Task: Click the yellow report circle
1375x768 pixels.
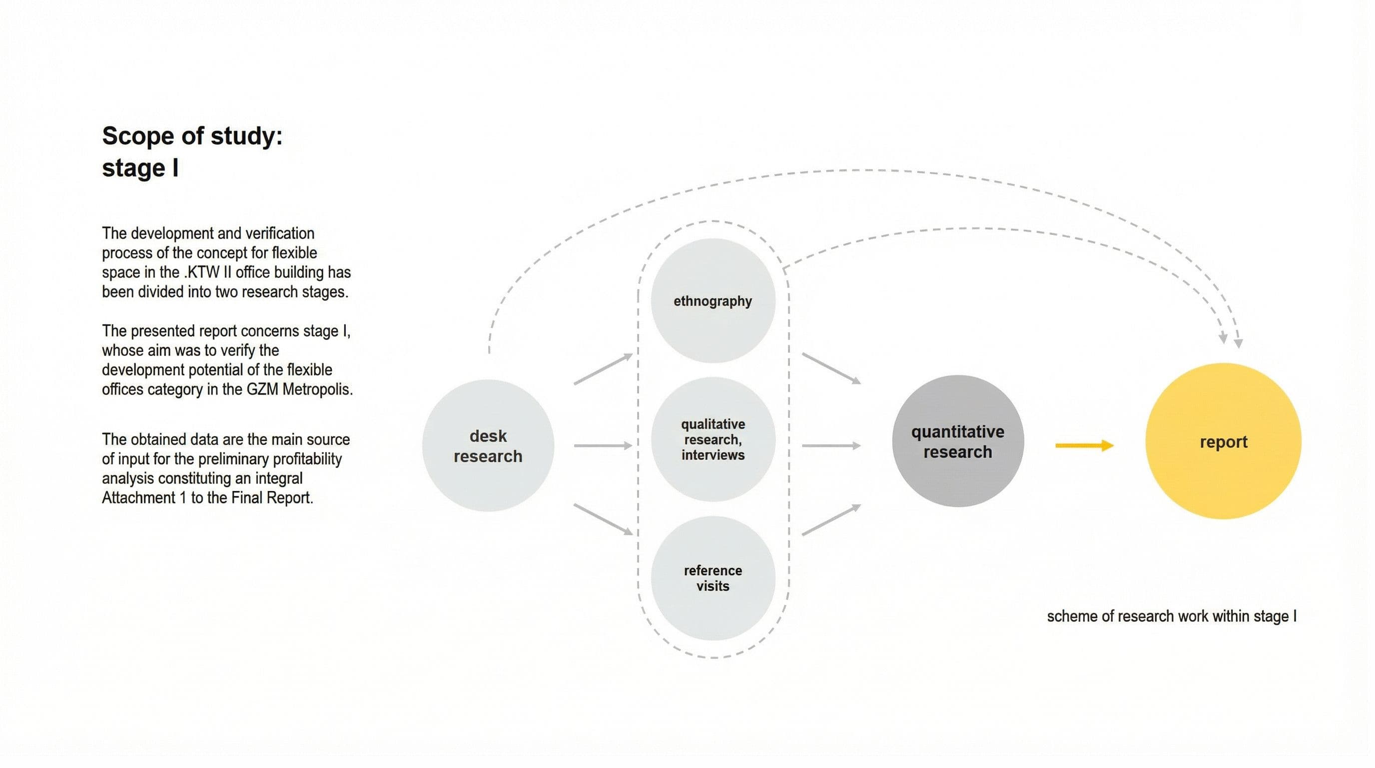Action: click(x=1223, y=441)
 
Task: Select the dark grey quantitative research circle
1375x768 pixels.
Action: click(x=958, y=441)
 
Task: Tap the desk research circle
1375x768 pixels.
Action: click(x=488, y=445)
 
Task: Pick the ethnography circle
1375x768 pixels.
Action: click(x=712, y=300)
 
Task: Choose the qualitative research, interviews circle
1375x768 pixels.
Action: click(x=712, y=439)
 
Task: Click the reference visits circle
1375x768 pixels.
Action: click(x=712, y=578)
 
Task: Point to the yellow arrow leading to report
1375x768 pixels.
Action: click(x=1085, y=445)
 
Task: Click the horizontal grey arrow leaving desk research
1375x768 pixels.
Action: click(x=603, y=445)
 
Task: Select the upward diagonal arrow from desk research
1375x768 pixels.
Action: click(x=603, y=368)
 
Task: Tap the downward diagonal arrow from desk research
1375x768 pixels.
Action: click(x=603, y=519)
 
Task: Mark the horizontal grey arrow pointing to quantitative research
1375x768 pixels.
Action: click(x=831, y=445)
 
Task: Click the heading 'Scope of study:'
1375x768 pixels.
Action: click(x=192, y=136)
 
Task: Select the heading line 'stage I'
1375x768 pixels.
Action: click(x=140, y=168)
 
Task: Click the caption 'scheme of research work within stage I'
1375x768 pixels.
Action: click(x=1172, y=616)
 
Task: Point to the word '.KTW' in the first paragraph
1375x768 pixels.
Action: click(x=201, y=272)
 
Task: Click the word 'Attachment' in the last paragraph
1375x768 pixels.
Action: click(x=139, y=498)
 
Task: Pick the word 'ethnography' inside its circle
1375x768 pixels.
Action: click(x=712, y=301)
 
